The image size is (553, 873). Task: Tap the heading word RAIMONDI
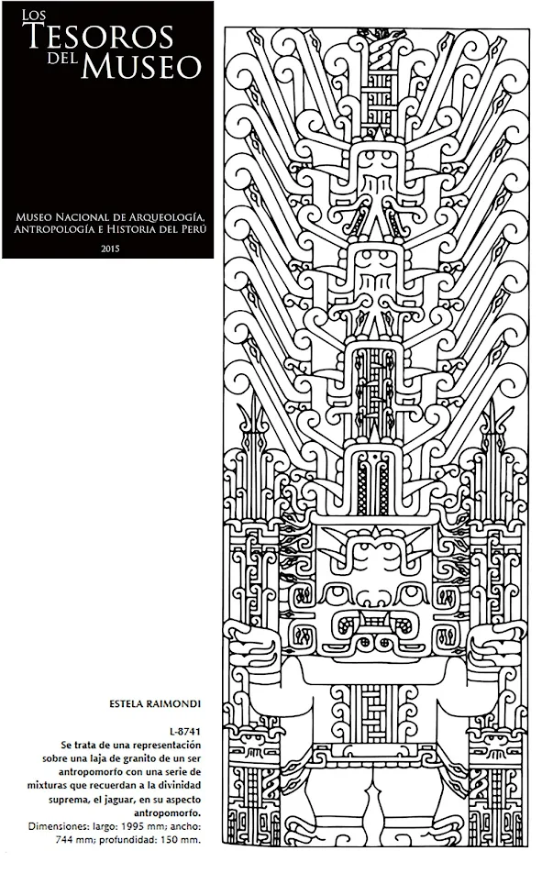coord(170,705)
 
